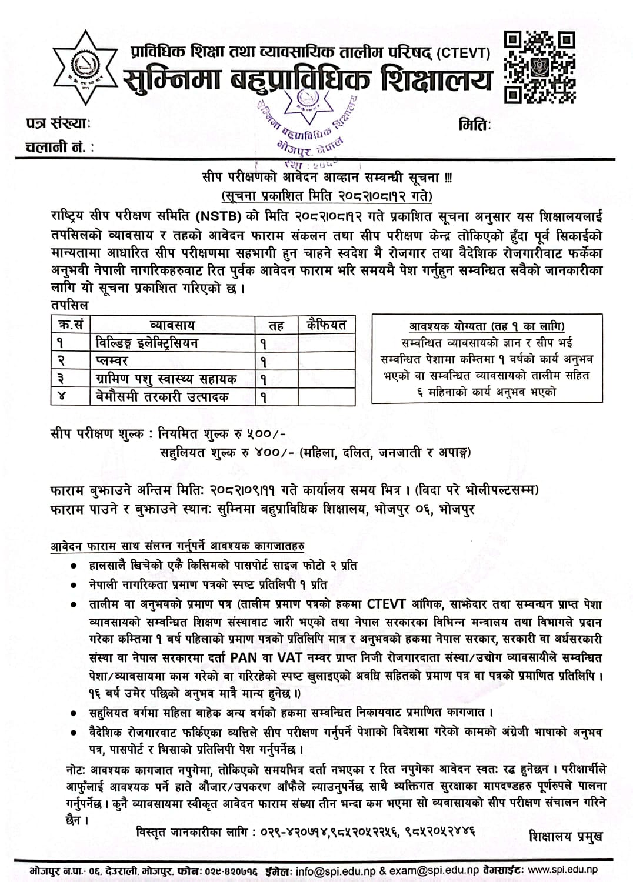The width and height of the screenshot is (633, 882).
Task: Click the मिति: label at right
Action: (x=474, y=124)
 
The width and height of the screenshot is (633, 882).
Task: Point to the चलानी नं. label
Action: (x=59, y=148)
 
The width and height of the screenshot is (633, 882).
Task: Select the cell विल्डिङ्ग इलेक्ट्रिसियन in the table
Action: (x=147, y=343)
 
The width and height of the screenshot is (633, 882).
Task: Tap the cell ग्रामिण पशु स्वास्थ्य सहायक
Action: (x=166, y=379)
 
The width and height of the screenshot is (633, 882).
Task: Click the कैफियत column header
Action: (x=327, y=324)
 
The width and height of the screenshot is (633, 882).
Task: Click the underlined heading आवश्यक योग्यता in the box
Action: (x=487, y=326)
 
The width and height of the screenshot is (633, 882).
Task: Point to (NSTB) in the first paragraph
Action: (x=221, y=216)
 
